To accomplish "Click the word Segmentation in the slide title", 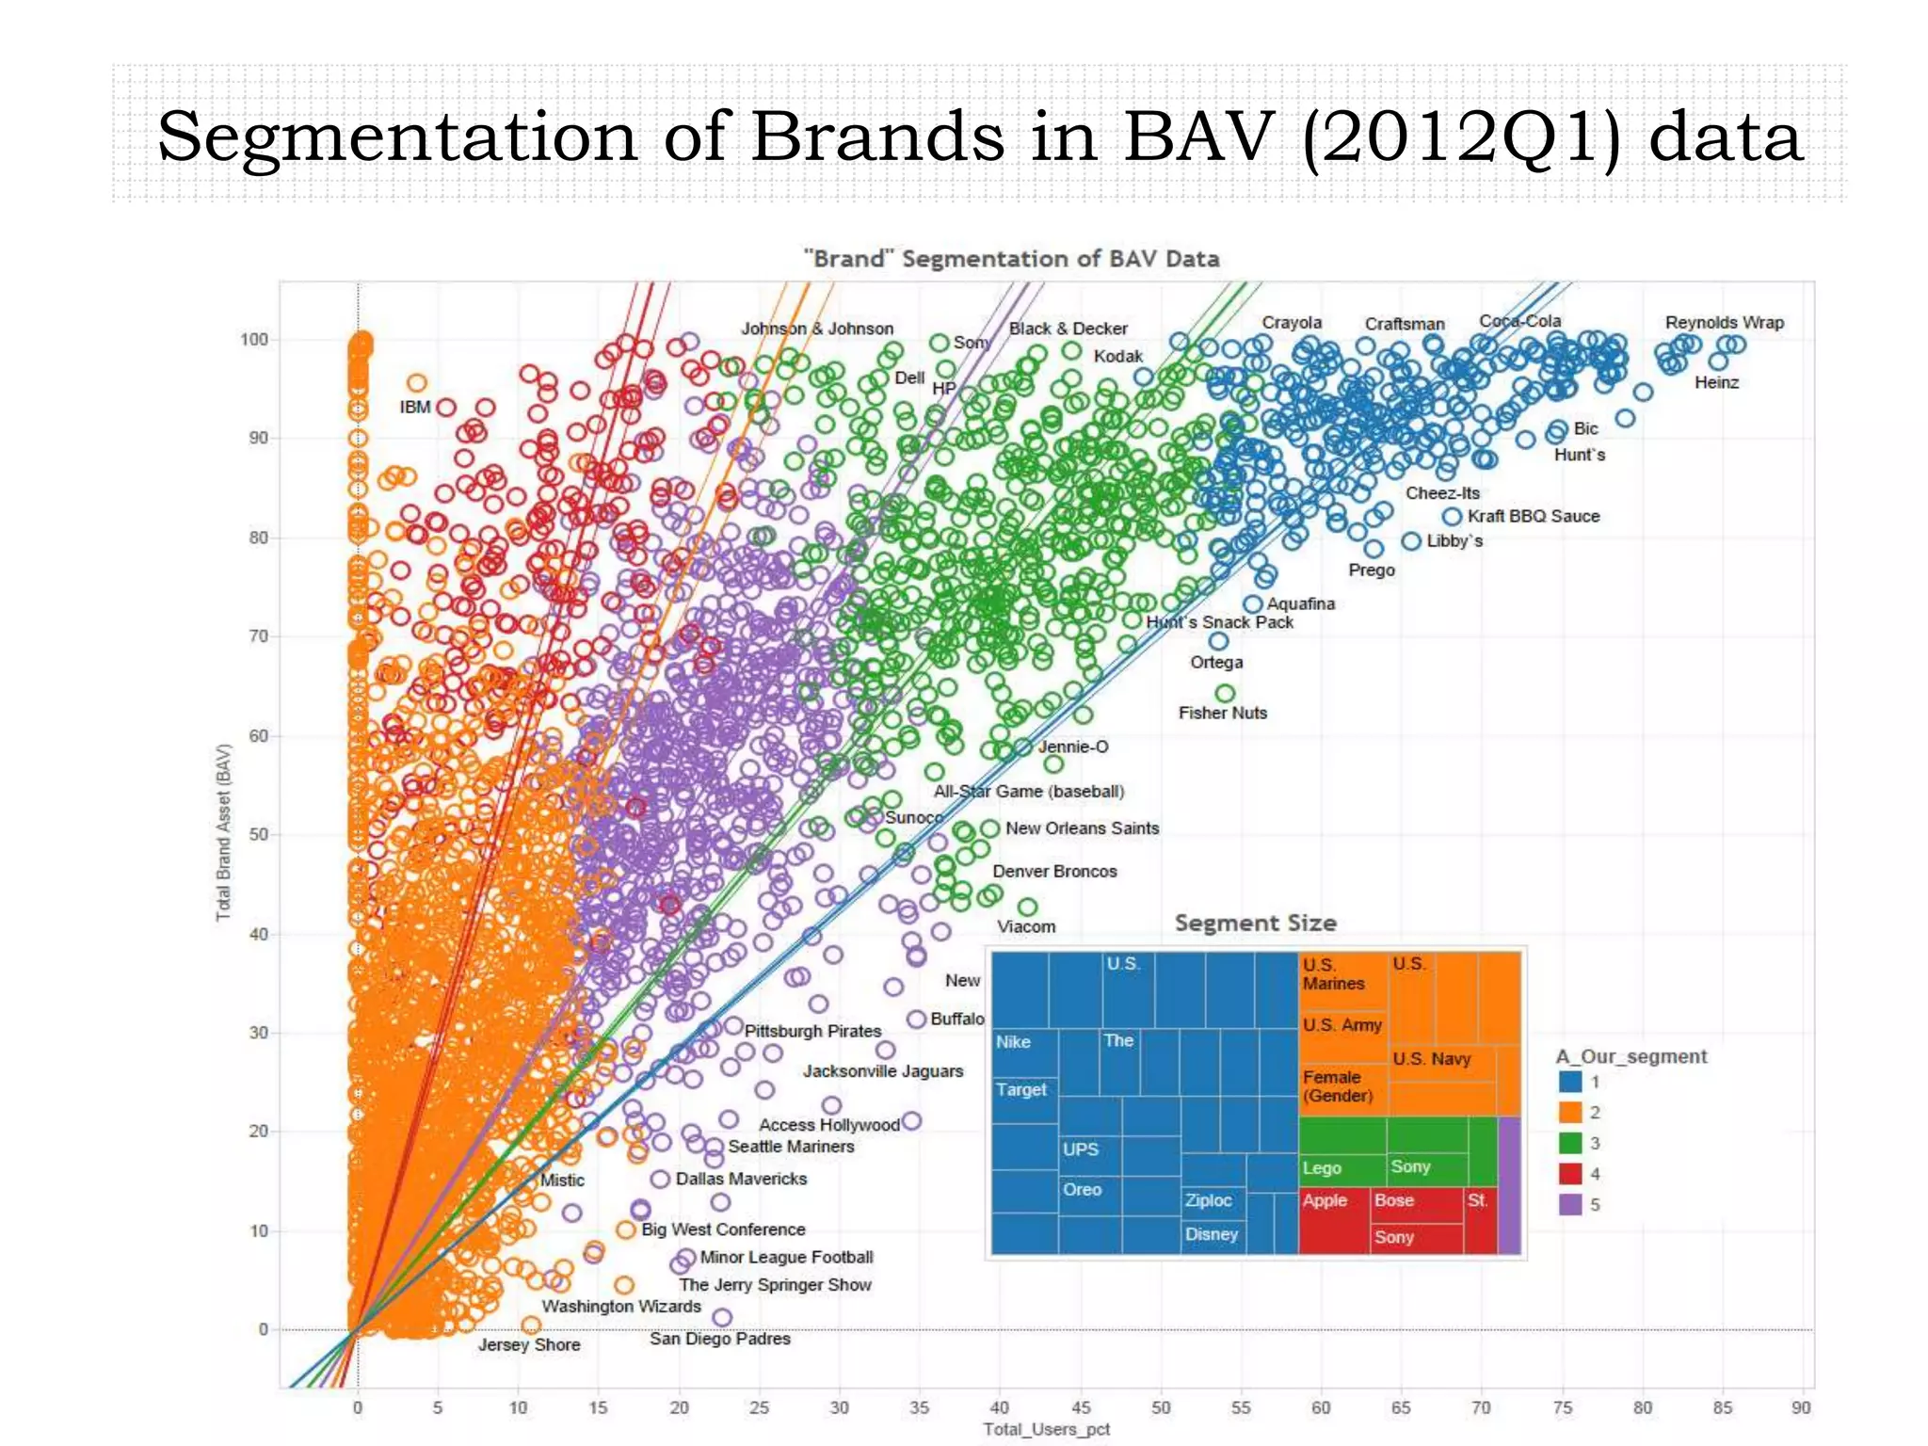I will click(x=396, y=137).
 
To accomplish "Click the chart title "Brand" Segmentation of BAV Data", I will click(x=1011, y=259).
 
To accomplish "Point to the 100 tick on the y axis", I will click(x=253, y=340).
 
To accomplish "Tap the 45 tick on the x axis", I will click(x=1081, y=1407).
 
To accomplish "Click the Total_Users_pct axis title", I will click(x=1047, y=1429).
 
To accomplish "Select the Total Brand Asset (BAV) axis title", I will click(x=223, y=832).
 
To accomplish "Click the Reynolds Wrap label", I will click(x=1724, y=323).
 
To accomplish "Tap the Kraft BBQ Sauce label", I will click(x=1533, y=516).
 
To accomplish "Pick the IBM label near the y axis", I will click(x=414, y=407).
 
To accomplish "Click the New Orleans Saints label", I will click(x=1082, y=828).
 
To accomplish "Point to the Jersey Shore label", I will click(x=528, y=1344).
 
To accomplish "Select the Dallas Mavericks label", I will click(x=741, y=1179).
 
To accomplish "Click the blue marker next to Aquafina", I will click(x=1252, y=604).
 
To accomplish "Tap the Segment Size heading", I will click(x=1255, y=923).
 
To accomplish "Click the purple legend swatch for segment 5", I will click(x=1569, y=1204).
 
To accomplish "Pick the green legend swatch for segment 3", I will click(x=1569, y=1143).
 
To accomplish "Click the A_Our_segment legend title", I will click(x=1631, y=1056).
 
